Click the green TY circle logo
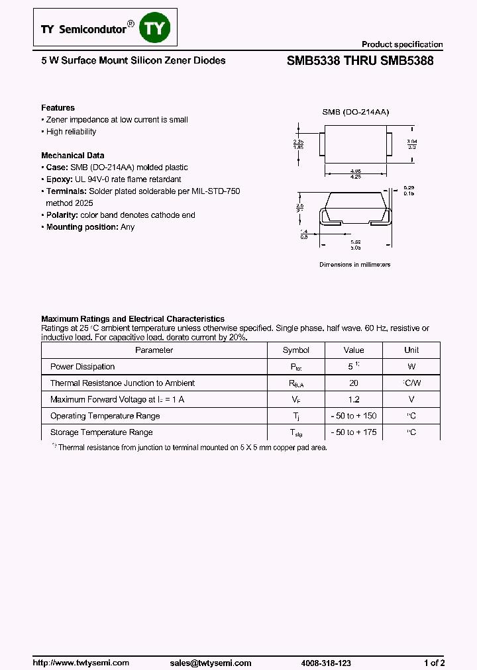(x=158, y=28)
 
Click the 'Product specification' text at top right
(x=401, y=44)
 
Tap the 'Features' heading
(x=58, y=108)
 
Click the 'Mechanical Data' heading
(x=73, y=156)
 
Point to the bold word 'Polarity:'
(x=63, y=215)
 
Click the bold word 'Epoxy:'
(x=60, y=179)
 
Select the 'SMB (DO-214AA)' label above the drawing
(x=355, y=113)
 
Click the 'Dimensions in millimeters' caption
(x=355, y=264)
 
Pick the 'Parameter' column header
(x=154, y=350)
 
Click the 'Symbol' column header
(x=295, y=350)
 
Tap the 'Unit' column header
(x=411, y=350)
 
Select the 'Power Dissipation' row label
(x=82, y=367)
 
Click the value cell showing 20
(x=354, y=383)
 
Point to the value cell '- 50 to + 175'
(x=354, y=432)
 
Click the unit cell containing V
(x=411, y=400)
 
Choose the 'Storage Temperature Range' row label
(x=101, y=432)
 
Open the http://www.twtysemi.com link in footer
(x=81, y=663)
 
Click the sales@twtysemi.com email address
(x=211, y=663)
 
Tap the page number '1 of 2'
(x=434, y=663)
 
